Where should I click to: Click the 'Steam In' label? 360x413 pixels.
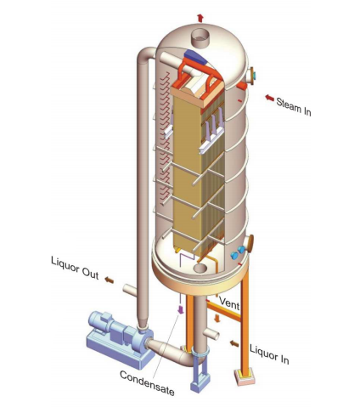[x=294, y=107]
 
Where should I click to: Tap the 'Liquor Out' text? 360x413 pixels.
[x=75, y=268]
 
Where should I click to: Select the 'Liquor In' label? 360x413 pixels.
[x=269, y=354]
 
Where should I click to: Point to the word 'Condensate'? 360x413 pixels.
[x=147, y=383]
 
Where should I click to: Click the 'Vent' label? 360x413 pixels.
[x=229, y=303]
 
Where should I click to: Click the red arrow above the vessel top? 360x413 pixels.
[x=200, y=18]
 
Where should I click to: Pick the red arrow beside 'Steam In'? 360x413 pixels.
[x=269, y=98]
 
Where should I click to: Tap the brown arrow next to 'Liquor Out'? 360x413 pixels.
[x=110, y=280]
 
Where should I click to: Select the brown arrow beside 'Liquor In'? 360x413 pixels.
[x=234, y=343]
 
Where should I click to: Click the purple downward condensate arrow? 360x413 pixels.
[x=180, y=309]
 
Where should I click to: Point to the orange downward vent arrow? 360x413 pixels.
[x=217, y=319]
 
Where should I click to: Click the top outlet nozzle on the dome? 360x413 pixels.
[x=200, y=37]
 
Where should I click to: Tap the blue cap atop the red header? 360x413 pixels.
[x=195, y=57]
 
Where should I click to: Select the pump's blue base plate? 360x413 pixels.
[x=120, y=350]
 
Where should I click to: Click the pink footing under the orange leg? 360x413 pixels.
[x=244, y=376]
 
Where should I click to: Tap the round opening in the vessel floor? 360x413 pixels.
[x=201, y=268]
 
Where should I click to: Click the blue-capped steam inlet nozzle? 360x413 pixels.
[x=251, y=75]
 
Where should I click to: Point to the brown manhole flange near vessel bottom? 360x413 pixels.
[x=250, y=244]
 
